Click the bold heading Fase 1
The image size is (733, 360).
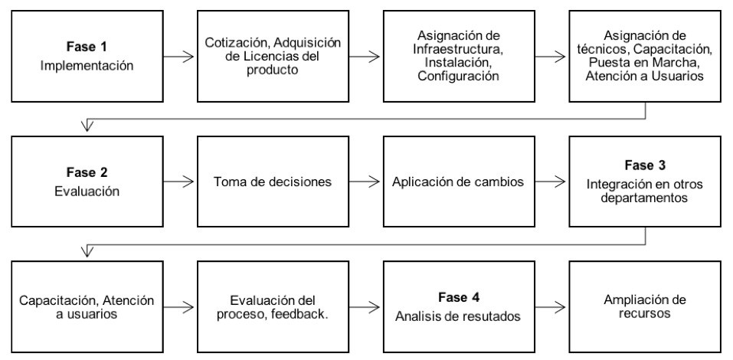[x=87, y=47]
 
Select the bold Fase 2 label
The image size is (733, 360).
[x=87, y=172]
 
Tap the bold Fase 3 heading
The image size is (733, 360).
[x=645, y=165]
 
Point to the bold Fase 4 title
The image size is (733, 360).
[x=459, y=297]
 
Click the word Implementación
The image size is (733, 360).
[x=87, y=65]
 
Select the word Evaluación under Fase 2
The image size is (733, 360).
[x=87, y=191]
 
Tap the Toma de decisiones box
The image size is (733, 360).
[x=273, y=182]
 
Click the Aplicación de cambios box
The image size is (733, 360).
[x=459, y=182]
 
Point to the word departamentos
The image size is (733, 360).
[x=645, y=198]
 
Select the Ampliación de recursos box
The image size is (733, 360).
[x=645, y=306]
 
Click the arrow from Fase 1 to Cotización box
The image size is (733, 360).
[x=178, y=57]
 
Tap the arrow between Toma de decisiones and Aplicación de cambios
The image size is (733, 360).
[x=364, y=182]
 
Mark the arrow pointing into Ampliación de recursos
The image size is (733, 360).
[x=550, y=307]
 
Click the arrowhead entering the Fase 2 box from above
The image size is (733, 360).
[x=87, y=126]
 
